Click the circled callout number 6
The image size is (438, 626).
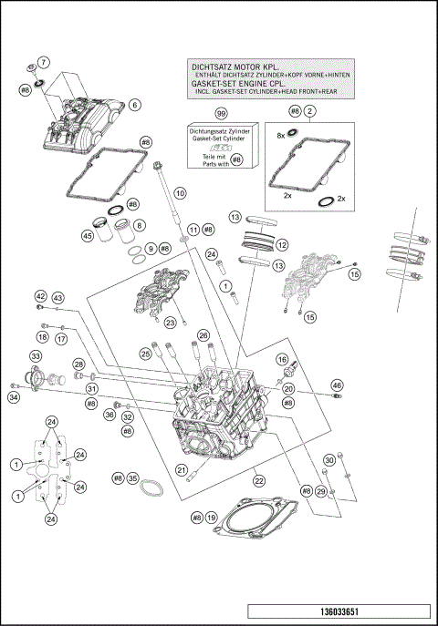click(134, 105)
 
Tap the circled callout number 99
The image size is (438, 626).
click(220, 113)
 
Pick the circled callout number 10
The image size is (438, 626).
click(180, 193)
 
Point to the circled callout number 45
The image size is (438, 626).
click(88, 236)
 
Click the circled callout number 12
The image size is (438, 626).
click(282, 245)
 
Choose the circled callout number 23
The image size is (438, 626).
click(170, 323)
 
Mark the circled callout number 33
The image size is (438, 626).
click(36, 355)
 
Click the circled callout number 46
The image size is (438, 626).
click(337, 385)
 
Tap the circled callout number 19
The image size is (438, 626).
click(211, 518)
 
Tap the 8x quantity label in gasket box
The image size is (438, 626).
click(282, 135)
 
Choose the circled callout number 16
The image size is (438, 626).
click(282, 359)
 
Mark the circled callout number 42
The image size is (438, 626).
click(40, 297)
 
